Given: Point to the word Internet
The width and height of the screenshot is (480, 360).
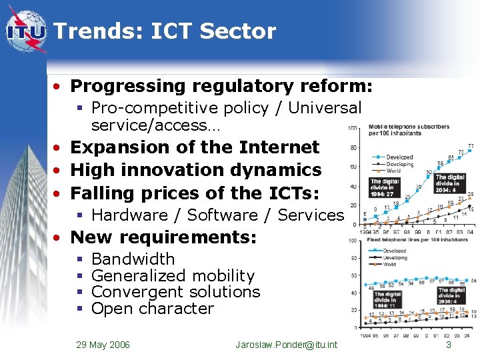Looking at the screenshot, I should tap(279, 147).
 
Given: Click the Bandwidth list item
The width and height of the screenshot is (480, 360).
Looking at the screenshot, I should tap(133, 259).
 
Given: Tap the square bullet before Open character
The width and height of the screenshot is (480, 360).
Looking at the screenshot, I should tap(79, 309).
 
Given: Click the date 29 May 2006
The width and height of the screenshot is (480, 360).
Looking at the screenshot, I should tap(103, 345).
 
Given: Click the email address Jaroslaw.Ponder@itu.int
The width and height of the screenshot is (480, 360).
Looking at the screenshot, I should tap(287, 345).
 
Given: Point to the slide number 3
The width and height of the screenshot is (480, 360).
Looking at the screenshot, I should tap(449, 345).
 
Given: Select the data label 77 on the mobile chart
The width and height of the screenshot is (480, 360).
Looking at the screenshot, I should tap(471, 146).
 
